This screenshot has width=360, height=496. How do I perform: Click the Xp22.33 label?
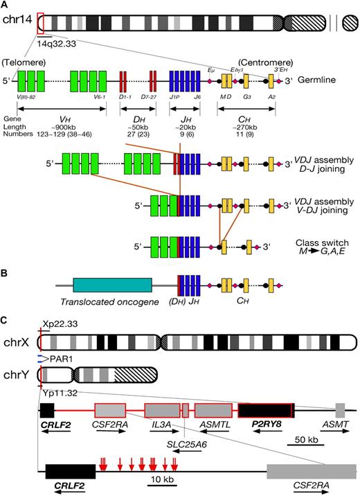[60, 324]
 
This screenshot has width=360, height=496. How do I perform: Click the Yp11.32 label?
[60, 391]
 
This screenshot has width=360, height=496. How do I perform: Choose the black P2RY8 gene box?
[266, 409]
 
